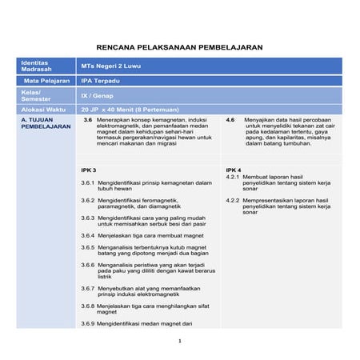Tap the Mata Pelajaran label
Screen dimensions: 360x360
[x=44, y=81]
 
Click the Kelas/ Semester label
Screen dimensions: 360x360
[x=36, y=95]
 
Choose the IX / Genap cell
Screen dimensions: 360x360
[x=95, y=95]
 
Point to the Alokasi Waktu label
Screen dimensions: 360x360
[x=43, y=109]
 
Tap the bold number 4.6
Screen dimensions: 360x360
[x=230, y=119]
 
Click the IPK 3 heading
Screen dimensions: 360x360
[x=89, y=170]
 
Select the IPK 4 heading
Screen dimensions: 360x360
[x=233, y=170]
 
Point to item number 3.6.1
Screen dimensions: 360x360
[x=88, y=182]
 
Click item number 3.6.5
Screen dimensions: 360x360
[x=88, y=248]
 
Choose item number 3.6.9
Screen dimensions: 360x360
[x=88, y=324]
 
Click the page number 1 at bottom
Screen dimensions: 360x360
[x=180, y=341]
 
